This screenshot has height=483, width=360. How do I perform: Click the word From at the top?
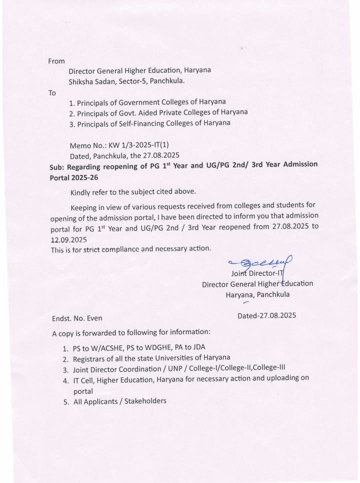click(x=56, y=61)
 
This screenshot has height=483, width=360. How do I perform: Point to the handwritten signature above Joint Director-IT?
click(x=260, y=262)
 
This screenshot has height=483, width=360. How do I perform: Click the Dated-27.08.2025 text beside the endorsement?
click(x=268, y=316)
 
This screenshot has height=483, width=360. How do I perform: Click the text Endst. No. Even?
click(x=77, y=318)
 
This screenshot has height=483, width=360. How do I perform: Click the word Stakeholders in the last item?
click(x=145, y=401)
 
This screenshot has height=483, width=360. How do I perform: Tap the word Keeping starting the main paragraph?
click(x=85, y=207)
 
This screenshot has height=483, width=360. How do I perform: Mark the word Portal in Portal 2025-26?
click(x=61, y=176)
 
